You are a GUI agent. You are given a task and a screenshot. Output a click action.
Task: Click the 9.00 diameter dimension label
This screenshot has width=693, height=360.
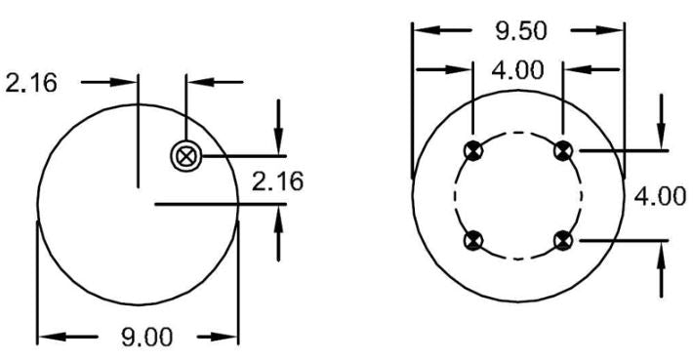[146, 338]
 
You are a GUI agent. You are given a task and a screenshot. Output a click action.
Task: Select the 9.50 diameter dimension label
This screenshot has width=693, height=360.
[521, 31]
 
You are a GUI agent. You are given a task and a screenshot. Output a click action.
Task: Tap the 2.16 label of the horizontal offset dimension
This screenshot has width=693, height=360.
[31, 83]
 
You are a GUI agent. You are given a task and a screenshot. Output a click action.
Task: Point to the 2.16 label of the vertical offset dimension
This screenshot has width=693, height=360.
[277, 181]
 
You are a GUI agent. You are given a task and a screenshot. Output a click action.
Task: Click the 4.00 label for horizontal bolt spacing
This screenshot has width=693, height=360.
[517, 70]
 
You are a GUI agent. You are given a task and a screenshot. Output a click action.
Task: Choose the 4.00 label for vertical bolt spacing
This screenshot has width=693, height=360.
[660, 196]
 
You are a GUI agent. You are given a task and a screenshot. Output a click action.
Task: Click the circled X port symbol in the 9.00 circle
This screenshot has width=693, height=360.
[186, 156]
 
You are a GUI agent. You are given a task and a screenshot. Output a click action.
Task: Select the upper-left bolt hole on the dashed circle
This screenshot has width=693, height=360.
[473, 151]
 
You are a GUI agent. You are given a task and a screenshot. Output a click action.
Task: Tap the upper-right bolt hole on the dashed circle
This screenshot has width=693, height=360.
[563, 151]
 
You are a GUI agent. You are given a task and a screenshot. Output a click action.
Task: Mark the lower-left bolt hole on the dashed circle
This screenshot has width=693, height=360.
[473, 241]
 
